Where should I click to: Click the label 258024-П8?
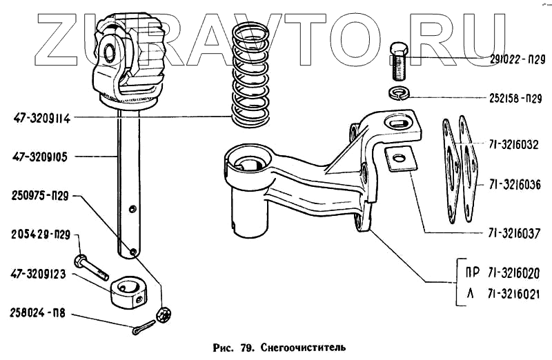coord(39,312)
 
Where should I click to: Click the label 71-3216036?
coord(515,185)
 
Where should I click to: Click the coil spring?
coord(251,79)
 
